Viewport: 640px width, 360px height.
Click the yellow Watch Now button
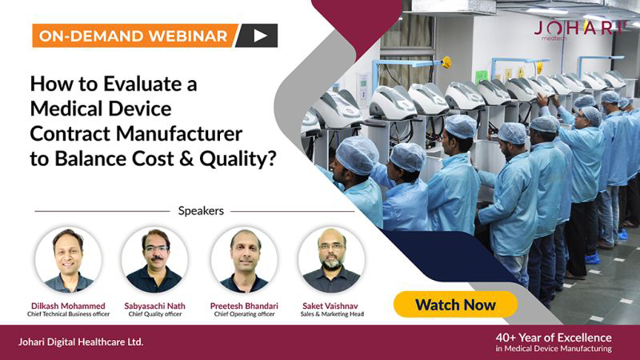pyautogui.click(x=455, y=305)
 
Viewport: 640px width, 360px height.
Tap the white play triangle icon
pyautogui.click(x=260, y=36)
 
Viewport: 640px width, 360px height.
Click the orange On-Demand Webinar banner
pyautogui.click(x=134, y=36)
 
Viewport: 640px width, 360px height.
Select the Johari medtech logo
pyautogui.click(x=579, y=30)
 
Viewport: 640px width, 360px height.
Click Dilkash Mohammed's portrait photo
pyautogui.click(x=68, y=260)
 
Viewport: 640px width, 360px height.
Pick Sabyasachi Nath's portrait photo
pyautogui.click(x=154, y=260)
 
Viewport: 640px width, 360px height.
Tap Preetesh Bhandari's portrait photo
pyautogui.click(x=244, y=260)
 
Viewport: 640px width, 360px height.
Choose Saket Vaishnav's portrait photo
pyautogui.click(x=331, y=260)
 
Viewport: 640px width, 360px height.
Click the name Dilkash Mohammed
pyautogui.click(x=68, y=306)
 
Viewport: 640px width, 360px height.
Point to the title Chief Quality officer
pyautogui.click(x=155, y=314)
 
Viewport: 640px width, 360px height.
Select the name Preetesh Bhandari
pyautogui.click(x=244, y=306)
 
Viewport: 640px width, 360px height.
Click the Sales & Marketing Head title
pyautogui.click(x=332, y=314)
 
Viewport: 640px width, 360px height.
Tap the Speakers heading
pyautogui.click(x=201, y=211)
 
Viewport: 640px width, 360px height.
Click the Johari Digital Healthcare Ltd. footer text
pyautogui.click(x=81, y=342)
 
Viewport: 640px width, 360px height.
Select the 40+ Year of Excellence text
pyautogui.click(x=554, y=338)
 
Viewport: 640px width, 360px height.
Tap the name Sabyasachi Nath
pyautogui.click(x=154, y=306)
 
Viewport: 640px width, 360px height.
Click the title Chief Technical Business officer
pyautogui.click(x=69, y=314)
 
